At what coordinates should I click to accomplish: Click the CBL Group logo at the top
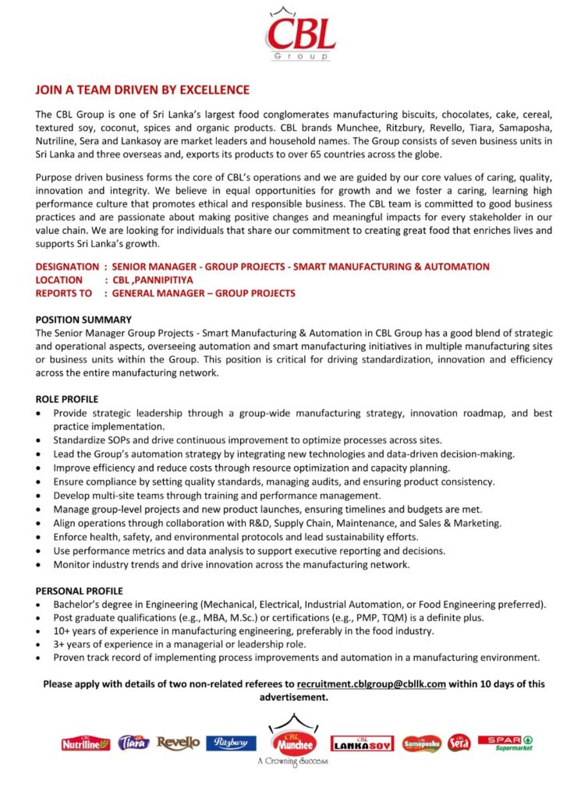(300, 35)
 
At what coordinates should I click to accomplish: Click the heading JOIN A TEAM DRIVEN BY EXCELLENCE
(143, 90)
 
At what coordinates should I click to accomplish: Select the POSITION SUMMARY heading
(83, 320)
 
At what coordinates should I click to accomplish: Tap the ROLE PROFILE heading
(67, 399)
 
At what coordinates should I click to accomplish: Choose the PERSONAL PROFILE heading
(79, 591)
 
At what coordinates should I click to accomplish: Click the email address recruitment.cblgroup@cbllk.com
(371, 683)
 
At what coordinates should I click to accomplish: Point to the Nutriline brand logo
(86, 744)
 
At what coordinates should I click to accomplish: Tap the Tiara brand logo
(133, 743)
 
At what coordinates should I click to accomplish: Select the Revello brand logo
(178, 743)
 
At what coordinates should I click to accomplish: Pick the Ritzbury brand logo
(231, 743)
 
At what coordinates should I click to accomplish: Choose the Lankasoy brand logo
(362, 744)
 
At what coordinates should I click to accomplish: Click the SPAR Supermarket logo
(505, 743)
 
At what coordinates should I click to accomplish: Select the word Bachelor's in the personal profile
(77, 604)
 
